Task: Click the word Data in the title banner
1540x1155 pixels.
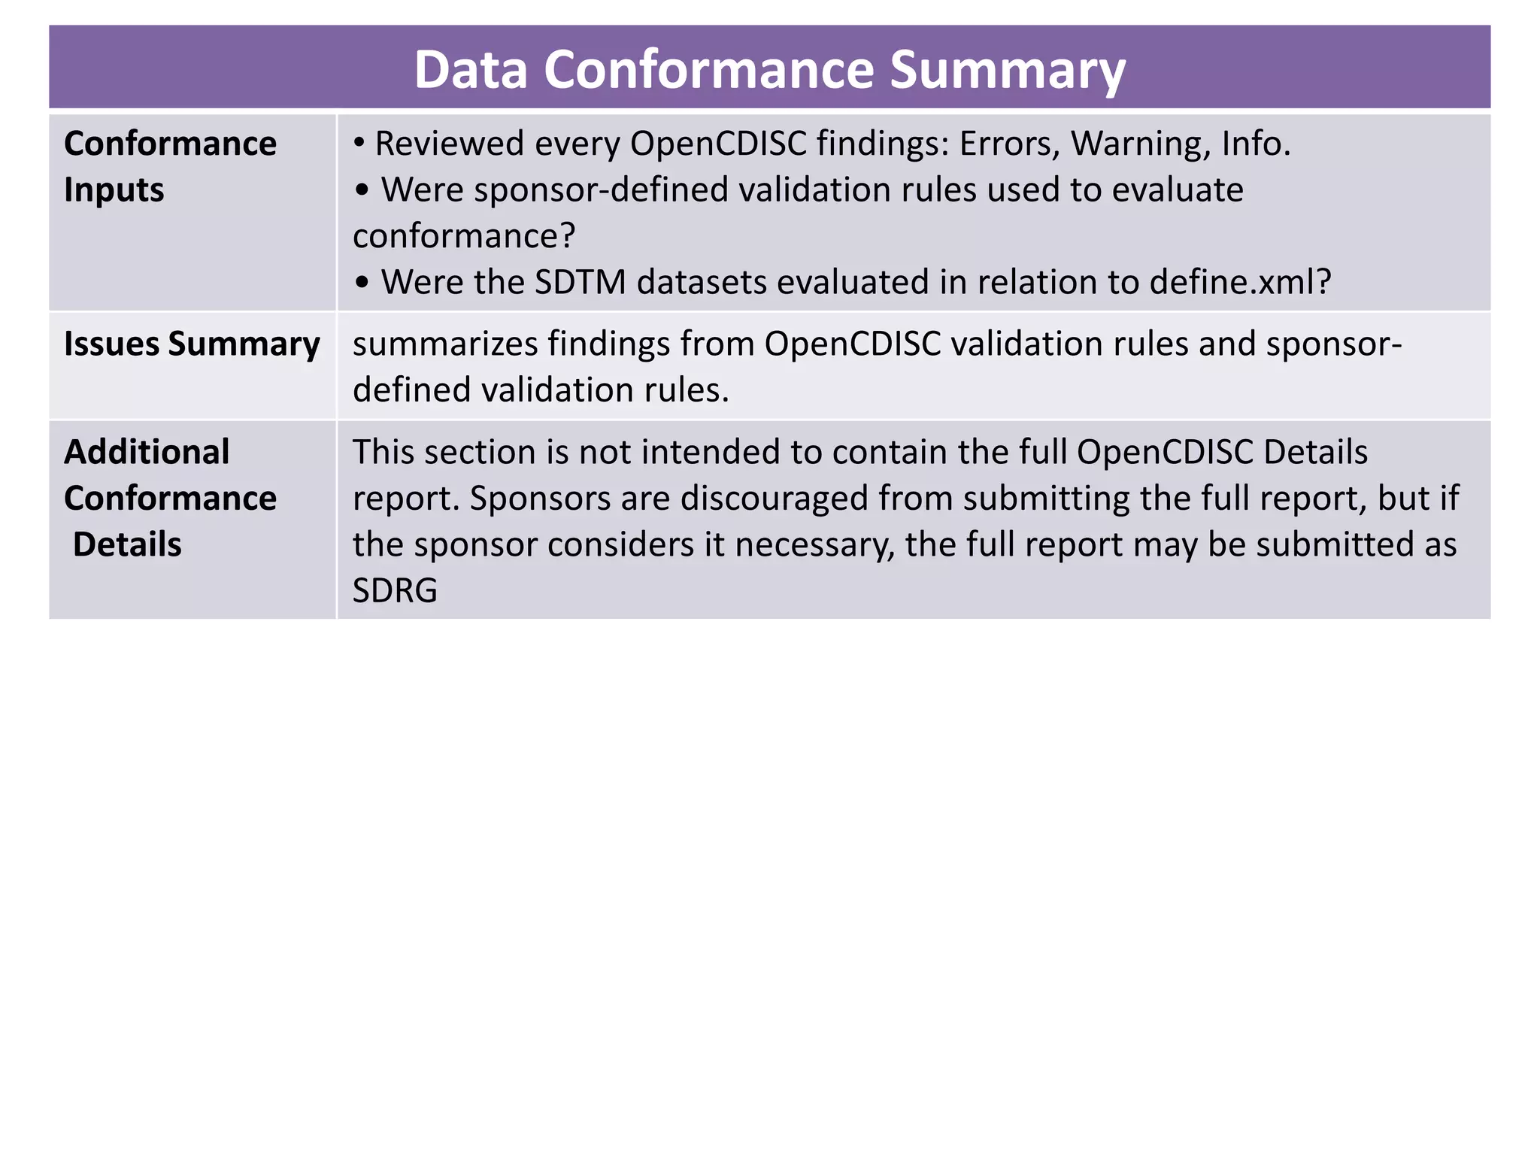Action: pos(471,70)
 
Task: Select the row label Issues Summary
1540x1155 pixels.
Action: pos(192,344)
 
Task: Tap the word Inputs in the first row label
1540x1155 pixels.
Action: pos(114,189)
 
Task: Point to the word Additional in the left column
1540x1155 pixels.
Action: pos(147,452)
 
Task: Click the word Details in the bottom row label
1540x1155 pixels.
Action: pos(127,544)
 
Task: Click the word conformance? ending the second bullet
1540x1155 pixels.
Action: pos(464,236)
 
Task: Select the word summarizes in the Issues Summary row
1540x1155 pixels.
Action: pos(444,344)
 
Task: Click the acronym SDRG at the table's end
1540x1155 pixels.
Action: pos(395,590)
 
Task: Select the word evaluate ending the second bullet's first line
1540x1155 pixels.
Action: pos(1177,189)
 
